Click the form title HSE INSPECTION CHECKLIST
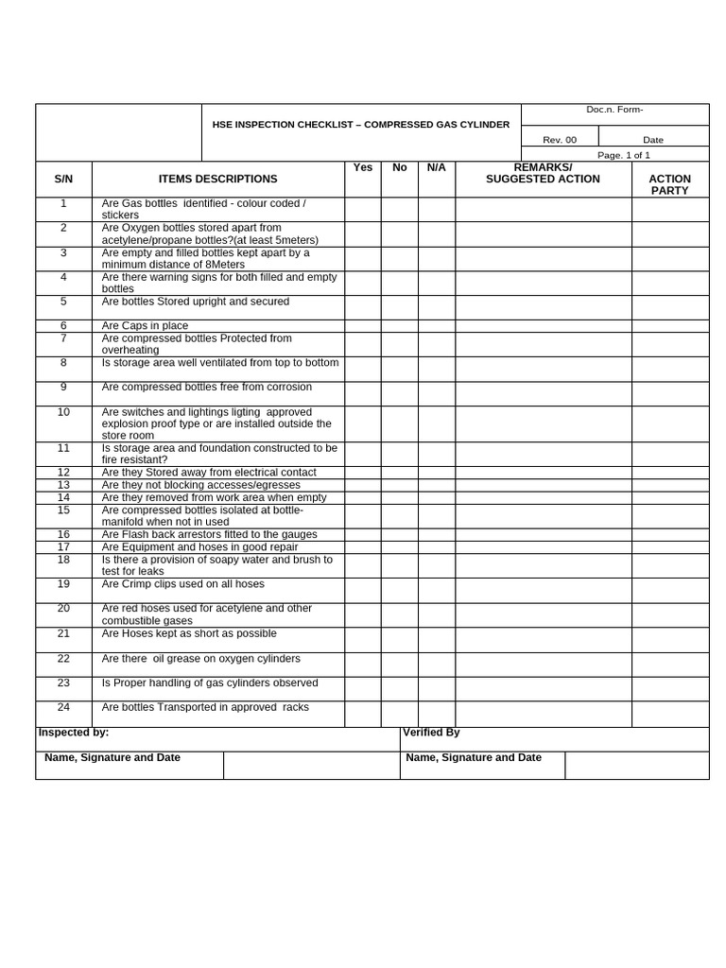(360, 125)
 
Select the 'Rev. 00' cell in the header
(559, 140)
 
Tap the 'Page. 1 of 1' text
(623, 155)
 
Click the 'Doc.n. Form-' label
(614, 110)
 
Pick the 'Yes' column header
(363, 167)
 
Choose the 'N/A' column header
(436, 167)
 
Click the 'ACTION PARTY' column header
(670, 184)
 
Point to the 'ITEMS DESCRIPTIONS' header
(217, 179)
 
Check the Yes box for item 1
(363, 209)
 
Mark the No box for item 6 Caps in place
(399, 326)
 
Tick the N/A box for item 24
(436, 714)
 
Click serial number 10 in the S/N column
(63, 412)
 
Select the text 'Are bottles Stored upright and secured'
(196, 302)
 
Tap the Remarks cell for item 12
(543, 473)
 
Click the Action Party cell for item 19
(670, 590)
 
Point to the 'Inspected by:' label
(74, 733)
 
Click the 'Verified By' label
(431, 733)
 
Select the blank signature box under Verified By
(636, 765)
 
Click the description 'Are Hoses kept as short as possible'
(189, 633)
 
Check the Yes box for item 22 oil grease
(363, 665)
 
